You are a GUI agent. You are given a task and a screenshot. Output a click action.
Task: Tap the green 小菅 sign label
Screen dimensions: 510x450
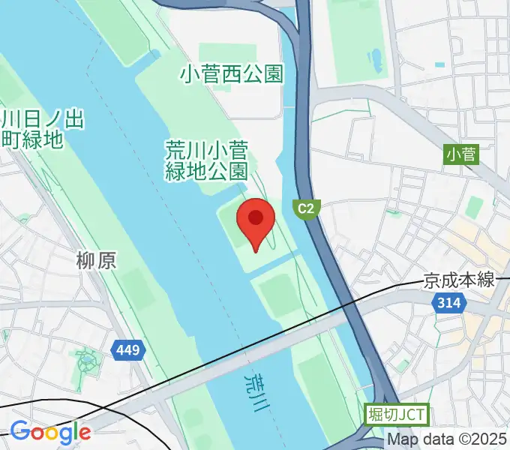tap(461, 155)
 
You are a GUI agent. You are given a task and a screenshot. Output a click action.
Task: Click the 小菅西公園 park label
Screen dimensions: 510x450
tap(232, 73)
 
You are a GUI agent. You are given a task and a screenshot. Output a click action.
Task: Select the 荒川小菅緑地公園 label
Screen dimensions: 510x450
tap(206, 160)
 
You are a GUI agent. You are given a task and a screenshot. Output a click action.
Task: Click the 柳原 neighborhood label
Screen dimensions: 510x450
tap(97, 260)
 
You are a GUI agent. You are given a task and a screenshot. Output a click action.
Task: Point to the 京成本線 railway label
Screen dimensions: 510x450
tap(459, 280)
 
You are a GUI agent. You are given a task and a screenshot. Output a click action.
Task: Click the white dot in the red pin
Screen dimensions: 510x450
tap(255, 217)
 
